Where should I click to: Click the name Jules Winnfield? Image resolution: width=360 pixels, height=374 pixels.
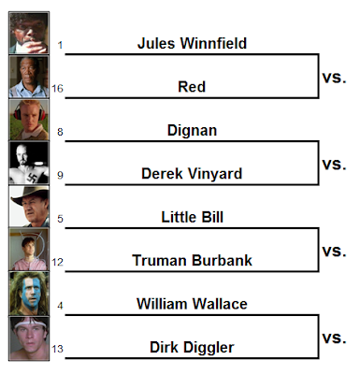click(x=192, y=43)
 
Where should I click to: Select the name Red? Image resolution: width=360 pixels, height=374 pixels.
click(x=192, y=87)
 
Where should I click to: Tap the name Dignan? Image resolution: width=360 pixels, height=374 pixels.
click(x=192, y=130)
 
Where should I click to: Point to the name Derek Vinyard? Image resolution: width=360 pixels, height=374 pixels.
click(x=192, y=174)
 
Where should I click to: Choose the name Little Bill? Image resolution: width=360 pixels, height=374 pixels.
click(x=193, y=217)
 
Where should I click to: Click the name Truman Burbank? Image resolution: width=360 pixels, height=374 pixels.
click(x=192, y=261)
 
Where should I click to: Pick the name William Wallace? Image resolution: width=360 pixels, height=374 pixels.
click(x=192, y=304)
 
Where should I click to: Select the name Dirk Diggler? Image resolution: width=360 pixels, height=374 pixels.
click(x=192, y=347)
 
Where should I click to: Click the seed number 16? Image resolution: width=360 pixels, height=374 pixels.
click(x=57, y=89)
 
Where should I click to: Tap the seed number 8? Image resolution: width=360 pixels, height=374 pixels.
click(x=60, y=132)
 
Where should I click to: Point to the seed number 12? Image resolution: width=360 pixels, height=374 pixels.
click(x=57, y=262)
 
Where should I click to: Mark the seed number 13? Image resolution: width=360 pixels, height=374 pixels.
click(x=57, y=349)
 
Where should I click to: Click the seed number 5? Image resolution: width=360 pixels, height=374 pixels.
click(x=60, y=219)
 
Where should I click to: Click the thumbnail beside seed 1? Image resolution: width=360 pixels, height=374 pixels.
click(x=29, y=33)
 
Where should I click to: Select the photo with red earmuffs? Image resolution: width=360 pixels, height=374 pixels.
click(x=29, y=120)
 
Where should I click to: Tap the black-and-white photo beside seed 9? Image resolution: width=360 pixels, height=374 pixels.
click(x=29, y=163)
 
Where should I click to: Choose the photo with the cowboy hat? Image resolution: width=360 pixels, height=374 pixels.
click(x=29, y=207)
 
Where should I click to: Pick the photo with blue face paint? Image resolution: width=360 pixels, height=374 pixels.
click(x=29, y=294)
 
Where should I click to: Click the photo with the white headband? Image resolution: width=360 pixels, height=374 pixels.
click(x=29, y=338)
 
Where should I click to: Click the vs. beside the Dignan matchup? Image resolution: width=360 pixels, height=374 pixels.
click(x=334, y=165)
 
